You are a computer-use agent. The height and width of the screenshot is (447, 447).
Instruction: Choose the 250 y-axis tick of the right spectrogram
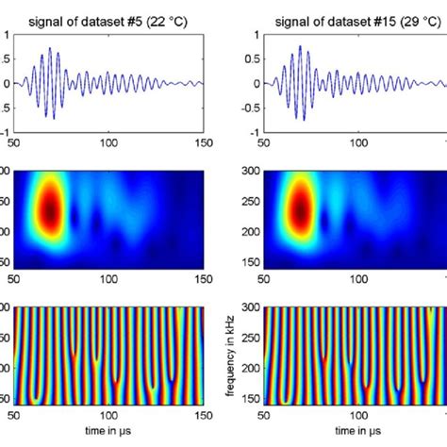(x=251, y=201)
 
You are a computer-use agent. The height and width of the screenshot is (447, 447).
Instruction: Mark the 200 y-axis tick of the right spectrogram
(x=251, y=230)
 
